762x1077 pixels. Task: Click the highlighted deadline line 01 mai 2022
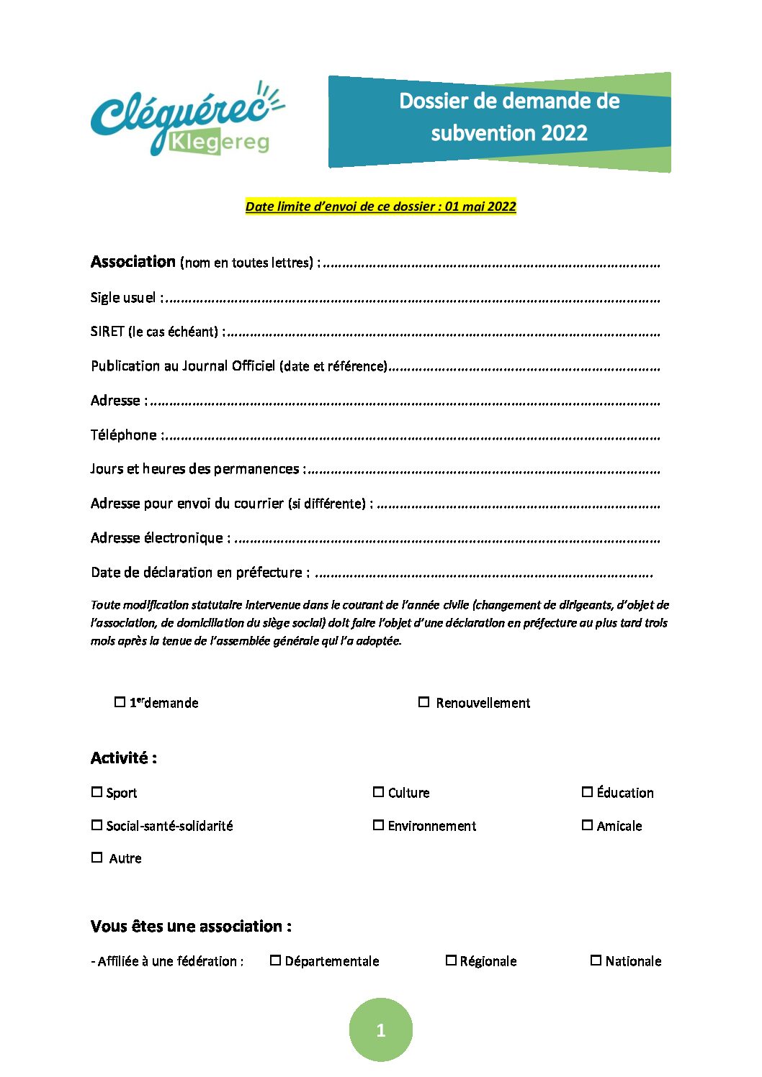[380, 206]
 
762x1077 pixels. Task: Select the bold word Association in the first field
[133, 262]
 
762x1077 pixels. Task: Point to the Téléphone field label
[124, 435]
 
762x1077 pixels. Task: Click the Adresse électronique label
[157, 538]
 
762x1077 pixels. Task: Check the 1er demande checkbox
[120, 702]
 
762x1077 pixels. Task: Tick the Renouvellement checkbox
[424, 702]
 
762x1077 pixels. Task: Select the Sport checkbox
[97, 792]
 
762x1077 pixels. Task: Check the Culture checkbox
[378, 792]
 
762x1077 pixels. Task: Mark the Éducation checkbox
[588, 792]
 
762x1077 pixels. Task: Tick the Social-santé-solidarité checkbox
[97, 825]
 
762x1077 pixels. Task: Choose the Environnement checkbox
[378, 825]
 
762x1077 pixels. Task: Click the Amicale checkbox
[588, 825]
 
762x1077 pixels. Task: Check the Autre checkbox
[97, 858]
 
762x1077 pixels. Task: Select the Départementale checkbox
[275, 960]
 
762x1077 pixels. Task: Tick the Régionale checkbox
[451, 960]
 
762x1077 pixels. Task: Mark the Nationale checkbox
[596, 960]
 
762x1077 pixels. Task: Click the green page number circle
[381, 1030]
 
